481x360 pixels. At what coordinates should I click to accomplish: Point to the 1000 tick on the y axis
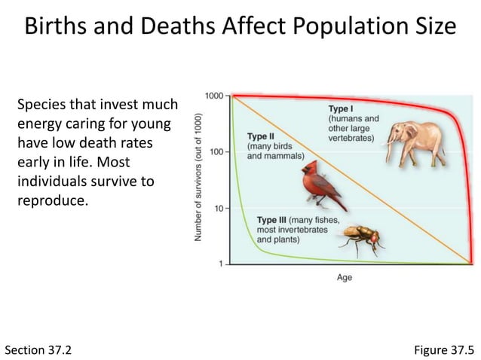pyautogui.click(x=215, y=96)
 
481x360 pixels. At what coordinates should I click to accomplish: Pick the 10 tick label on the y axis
pyautogui.click(x=219, y=208)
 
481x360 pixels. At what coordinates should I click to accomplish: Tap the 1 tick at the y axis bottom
pyautogui.click(x=222, y=264)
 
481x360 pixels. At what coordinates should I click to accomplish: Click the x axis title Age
pyautogui.click(x=344, y=277)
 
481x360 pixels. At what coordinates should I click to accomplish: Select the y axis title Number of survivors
pyautogui.click(x=198, y=177)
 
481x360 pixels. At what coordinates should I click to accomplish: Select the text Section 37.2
pyautogui.click(x=38, y=349)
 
